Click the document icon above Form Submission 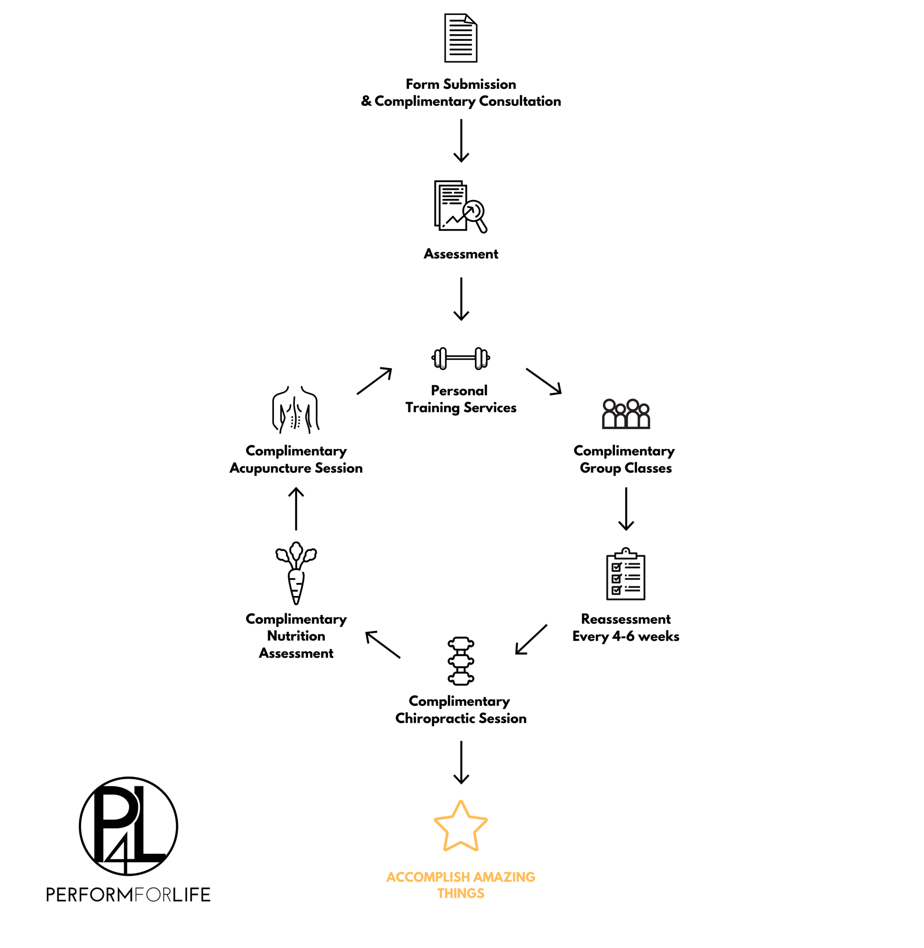click(x=461, y=38)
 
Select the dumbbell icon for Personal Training click(x=461, y=358)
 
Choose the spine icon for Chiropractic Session click(x=461, y=661)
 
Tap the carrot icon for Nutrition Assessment click(x=296, y=573)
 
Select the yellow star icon click(x=461, y=826)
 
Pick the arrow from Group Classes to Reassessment click(x=626, y=508)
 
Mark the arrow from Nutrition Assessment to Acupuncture click(x=296, y=508)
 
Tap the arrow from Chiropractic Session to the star click(x=461, y=762)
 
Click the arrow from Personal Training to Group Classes click(x=544, y=381)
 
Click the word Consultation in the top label click(x=520, y=101)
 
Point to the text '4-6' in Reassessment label click(x=623, y=636)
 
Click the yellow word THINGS click(x=461, y=893)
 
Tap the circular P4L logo click(x=129, y=826)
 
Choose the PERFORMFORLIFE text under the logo click(x=129, y=895)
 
